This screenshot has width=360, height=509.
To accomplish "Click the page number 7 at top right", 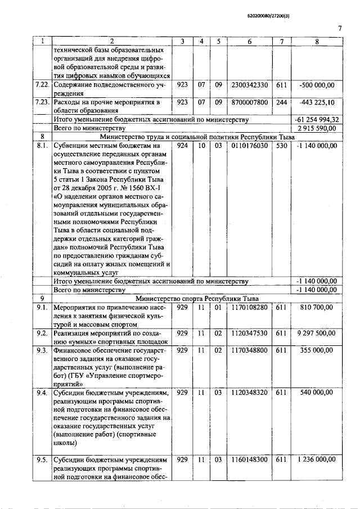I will click(x=340, y=29).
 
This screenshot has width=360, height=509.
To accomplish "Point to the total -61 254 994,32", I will click(x=316, y=120).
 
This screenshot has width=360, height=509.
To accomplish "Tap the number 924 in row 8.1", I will click(x=182, y=146).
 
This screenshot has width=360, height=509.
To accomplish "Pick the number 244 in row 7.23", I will click(x=281, y=102).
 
